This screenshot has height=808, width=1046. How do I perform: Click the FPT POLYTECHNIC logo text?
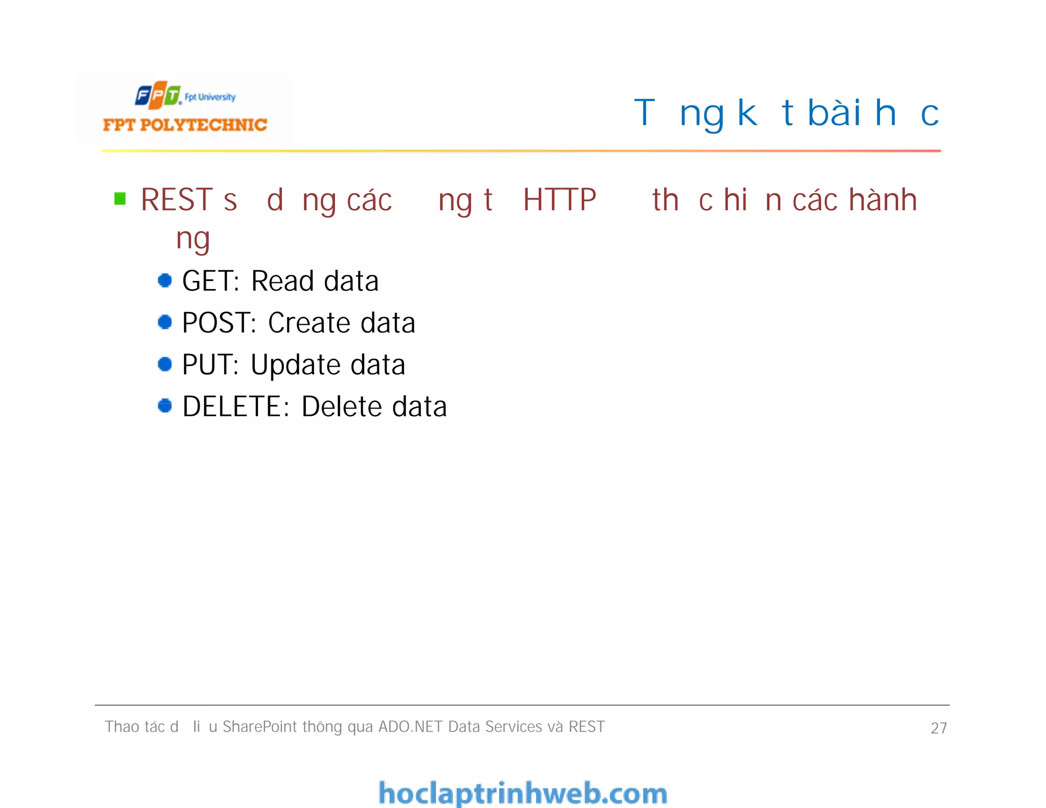185,125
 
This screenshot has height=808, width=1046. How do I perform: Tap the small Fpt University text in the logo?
210,97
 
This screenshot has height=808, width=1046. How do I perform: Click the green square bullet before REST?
120,198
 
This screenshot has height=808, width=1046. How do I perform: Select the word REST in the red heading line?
176,200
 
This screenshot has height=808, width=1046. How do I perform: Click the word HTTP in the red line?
559,200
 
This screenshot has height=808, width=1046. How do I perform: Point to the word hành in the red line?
883,199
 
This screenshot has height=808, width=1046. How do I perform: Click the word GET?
210,281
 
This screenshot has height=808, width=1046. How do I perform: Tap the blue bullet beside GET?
164,280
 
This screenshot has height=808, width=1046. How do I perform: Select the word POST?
219,323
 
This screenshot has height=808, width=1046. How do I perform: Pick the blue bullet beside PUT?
164,364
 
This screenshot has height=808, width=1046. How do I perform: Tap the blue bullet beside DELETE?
164,406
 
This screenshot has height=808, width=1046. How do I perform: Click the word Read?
282,281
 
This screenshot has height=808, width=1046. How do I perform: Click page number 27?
938,728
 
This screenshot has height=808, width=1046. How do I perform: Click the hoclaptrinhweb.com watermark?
522,793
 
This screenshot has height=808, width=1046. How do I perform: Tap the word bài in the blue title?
834,113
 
